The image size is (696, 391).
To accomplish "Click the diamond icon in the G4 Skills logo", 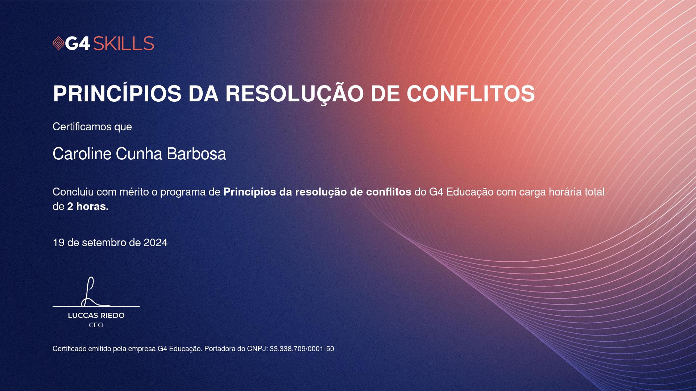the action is pyautogui.click(x=58, y=43).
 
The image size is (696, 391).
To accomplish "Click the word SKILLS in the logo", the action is pyautogui.click(x=124, y=43).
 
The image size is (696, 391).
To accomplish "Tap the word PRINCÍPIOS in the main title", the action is pyautogui.click(x=117, y=94).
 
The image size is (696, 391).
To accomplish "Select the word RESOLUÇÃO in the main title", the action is pyautogui.click(x=294, y=94).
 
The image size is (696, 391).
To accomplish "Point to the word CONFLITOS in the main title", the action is pyautogui.click(x=471, y=94).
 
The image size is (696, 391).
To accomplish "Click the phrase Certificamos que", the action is pyautogui.click(x=92, y=127).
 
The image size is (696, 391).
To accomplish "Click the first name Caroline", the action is pyautogui.click(x=82, y=154).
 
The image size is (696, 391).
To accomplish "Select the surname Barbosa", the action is pyautogui.click(x=196, y=154).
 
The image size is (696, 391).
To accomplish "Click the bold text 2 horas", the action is pyautogui.click(x=88, y=207).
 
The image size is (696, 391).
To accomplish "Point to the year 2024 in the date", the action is pyautogui.click(x=156, y=243).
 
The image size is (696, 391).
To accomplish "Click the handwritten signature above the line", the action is pyautogui.click(x=93, y=292).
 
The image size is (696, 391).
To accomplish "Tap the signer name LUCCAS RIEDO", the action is pyautogui.click(x=96, y=315).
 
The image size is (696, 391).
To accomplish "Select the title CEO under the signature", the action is pyautogui.click(x=96, y=325).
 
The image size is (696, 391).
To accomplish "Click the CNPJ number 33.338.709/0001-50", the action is pyautogui.click(x=302, y=349).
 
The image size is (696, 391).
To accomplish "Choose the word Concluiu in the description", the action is pyautogui.click(x=73, y=192).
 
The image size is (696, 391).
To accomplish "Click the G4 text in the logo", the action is pyautogui.click(x=78, y=43).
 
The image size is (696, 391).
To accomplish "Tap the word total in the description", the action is pyautogui.click(x=594, y=192).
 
